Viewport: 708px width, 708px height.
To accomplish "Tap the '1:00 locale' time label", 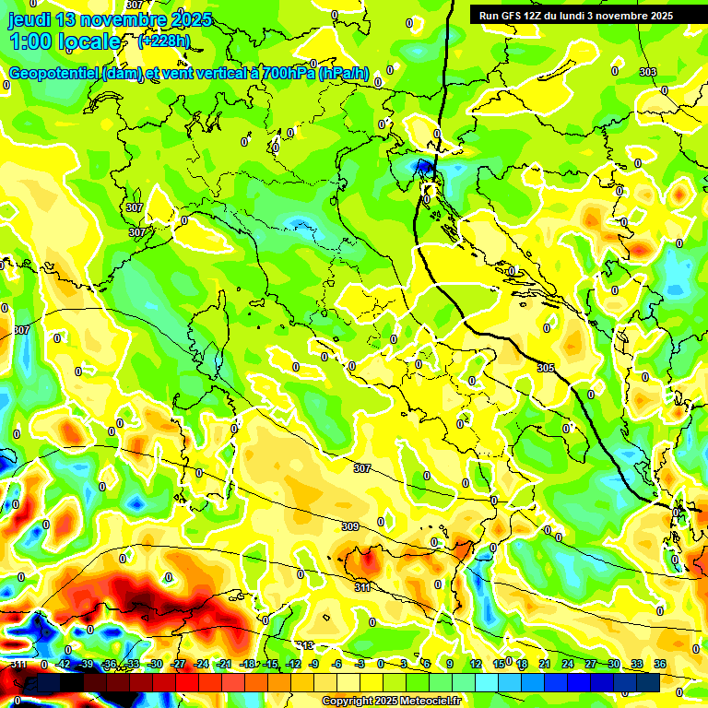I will (65, 41).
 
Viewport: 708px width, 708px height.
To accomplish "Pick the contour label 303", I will (648, 72).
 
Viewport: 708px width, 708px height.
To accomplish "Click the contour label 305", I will (546, 368).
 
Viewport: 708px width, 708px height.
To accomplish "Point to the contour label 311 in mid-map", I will (363, 586).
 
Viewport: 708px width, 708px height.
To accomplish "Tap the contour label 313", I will (305, 645).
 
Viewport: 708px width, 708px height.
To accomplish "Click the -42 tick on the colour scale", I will (64, 664).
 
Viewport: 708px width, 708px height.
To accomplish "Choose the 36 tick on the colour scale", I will (660, 664).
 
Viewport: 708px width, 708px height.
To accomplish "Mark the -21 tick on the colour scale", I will (224, 664).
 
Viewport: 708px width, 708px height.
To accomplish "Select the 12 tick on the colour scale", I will (476, 664).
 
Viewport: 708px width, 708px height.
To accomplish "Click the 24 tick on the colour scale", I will (568, 664).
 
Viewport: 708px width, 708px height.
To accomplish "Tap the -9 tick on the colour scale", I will (314, 664).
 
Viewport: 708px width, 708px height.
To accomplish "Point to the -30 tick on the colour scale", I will (155, 664).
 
